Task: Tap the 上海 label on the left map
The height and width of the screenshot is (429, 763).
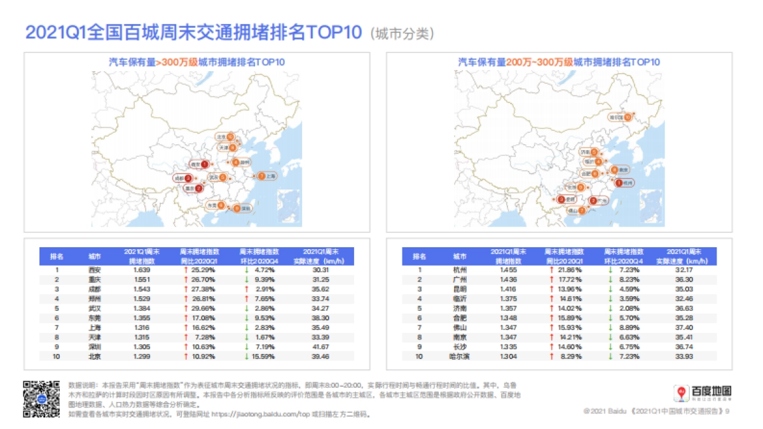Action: (270, 176)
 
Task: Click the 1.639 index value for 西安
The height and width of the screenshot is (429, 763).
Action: (142, 269)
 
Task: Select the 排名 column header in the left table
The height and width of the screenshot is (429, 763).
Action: (57, 256)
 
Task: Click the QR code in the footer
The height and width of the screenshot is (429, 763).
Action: (41, 398)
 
